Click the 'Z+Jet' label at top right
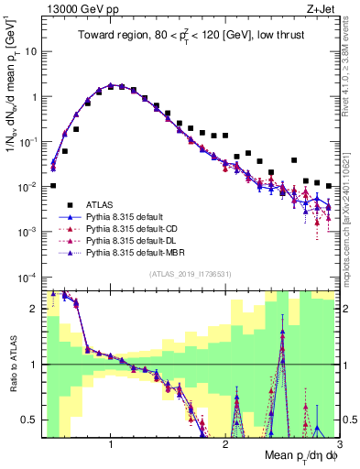[322, 8]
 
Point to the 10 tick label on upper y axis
[29, 51]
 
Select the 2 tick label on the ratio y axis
[33, 309]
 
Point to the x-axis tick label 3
[338, 446]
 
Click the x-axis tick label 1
[111, 446]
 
